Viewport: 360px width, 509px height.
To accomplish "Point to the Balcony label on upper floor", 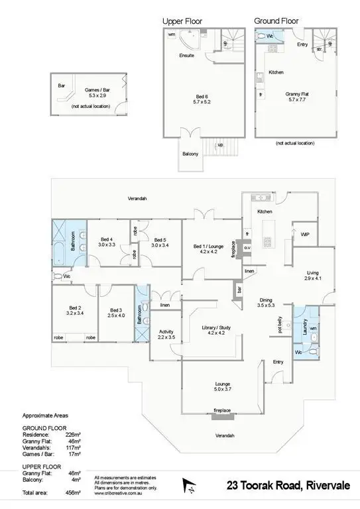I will pyautogui.click(x=190, y=154).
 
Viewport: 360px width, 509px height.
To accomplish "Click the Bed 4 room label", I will pyautogui.click(x=107, y=242).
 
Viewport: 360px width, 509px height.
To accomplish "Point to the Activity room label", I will pyautogui.click(x=166, y=334).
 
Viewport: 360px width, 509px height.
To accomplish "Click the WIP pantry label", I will pyautogui.click(x=305, y=235).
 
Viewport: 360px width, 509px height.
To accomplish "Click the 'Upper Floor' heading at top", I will pyautogui.click(x=182, y=21).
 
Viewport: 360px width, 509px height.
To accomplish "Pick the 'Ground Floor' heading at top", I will pyautogui.click(x=275, y=21).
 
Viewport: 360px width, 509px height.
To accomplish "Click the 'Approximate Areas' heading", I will pyautogui.click(x=45, y=416).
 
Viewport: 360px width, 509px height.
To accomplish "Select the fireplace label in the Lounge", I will pyautogui.click(x=222, y=411).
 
